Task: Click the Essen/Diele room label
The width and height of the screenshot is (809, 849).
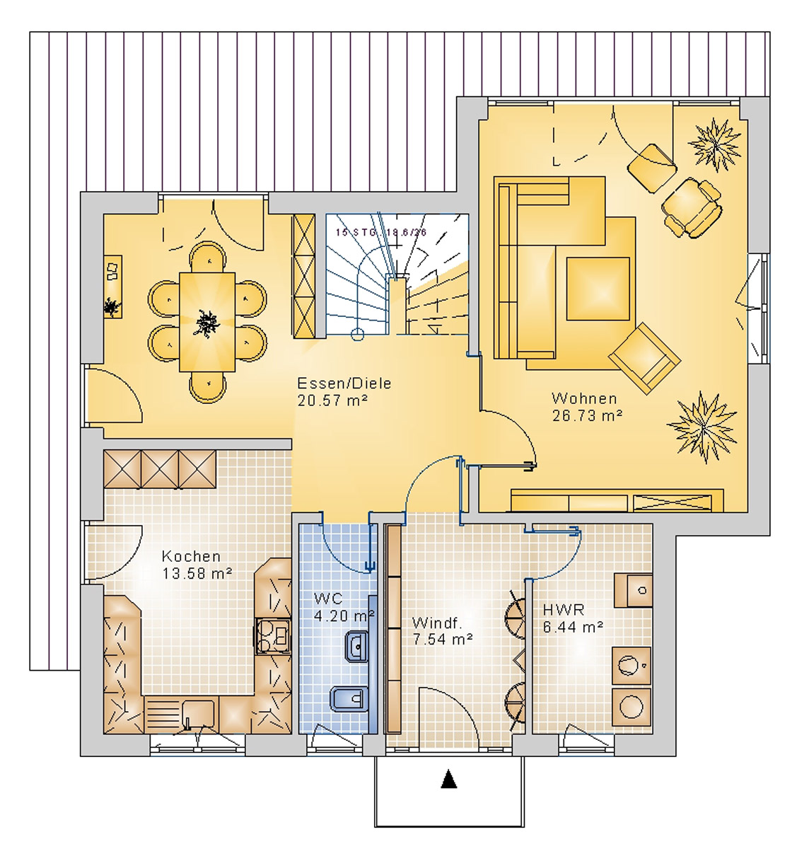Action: [x=344, y=383]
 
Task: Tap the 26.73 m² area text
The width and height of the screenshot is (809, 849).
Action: [x=587, y=416]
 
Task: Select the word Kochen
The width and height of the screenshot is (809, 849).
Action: [x=191, y=557]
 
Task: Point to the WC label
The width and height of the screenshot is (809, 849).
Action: [x=328, y=599]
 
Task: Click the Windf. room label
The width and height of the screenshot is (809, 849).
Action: [x=437, y=623]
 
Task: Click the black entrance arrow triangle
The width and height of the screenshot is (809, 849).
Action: [x=449, y=779]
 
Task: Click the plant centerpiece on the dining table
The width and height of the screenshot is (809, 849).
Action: [x=206, y=323]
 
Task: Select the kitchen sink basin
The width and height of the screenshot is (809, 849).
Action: [x=198, y=710]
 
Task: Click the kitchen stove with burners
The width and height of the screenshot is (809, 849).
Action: [x=274, y=635]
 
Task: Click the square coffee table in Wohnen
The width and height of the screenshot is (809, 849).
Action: [x=598, y=289]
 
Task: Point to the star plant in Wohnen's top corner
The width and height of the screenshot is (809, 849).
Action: [x=715, y=144]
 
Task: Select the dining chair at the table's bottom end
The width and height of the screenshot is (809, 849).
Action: [x=208, y=386]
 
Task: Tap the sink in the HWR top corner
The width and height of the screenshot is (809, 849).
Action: [x=634, y=590]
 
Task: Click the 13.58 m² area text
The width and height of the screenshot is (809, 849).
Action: [x=197, y=574]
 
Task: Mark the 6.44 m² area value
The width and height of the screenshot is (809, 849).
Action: [x=573, y=627]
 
